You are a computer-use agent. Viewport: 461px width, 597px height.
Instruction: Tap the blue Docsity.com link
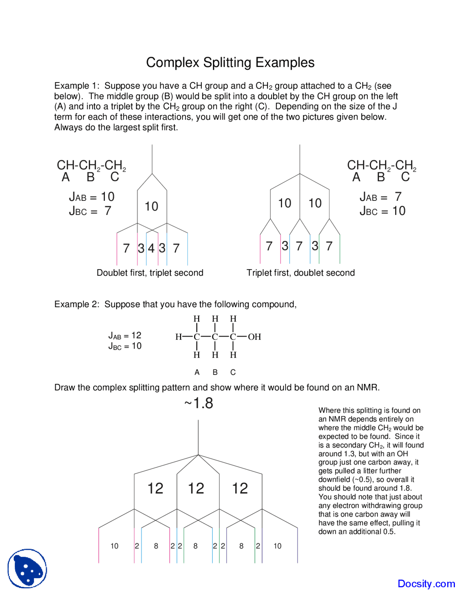(426, 584)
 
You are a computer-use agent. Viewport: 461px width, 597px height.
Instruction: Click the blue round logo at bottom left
(27, 569)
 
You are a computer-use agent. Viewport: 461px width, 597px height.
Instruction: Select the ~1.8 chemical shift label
(199, 403)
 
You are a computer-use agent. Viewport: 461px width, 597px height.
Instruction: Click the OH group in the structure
(254, 337)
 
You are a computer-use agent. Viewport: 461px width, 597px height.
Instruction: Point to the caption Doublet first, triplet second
(150, 273)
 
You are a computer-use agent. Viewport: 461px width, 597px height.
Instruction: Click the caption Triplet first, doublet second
(300, 273)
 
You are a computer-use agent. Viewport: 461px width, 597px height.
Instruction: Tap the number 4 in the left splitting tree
(151, 248)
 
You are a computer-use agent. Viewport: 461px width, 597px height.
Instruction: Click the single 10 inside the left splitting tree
(151, 207)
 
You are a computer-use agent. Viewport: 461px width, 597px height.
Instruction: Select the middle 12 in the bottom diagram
(196, 488)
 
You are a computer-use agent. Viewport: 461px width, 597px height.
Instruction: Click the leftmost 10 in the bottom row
(114, 546)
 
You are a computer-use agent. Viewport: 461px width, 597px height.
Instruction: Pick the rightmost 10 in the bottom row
(277, 546)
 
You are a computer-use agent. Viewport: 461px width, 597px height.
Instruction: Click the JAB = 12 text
(125, 336)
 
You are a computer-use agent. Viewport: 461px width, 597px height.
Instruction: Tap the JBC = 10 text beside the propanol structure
(125, 346)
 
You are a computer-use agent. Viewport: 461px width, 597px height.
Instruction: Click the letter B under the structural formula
(215, 372)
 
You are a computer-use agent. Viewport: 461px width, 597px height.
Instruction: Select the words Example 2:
(76, 304)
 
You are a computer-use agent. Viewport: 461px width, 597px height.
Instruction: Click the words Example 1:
(76, 86)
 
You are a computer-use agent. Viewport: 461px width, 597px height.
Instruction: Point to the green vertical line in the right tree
(340, 249)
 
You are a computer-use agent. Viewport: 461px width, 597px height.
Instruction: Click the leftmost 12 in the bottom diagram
(155, 488)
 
